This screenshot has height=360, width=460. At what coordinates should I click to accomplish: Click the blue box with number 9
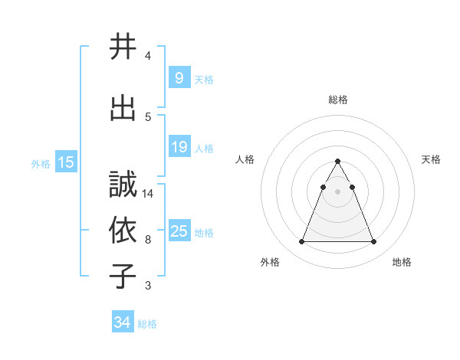(x=179, y=77)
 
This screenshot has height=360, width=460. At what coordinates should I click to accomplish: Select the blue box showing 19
(x=179, y=146)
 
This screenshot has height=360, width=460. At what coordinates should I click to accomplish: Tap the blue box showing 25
(x=179, y=231)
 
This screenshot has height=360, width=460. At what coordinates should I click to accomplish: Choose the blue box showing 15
(x=66, y=162)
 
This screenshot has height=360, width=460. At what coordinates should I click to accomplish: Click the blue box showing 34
(x=123, y=322)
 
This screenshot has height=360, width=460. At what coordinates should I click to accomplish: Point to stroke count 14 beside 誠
(x=148, y=193)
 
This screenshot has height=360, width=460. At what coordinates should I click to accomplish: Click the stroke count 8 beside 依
(x=148, y=239)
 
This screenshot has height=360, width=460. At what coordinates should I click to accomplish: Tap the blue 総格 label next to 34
(x=147, y=324)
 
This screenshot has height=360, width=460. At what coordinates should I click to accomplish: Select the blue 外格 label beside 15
(x=41, y=163)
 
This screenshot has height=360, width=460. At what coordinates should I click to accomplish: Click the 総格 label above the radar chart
(x=338, y=100)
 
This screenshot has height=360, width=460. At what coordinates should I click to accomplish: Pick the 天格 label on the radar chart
(x=431, y=159)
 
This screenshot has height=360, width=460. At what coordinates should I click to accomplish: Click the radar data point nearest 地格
(x=374, y=242)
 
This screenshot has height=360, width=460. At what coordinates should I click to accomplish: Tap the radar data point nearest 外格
(x=301, y=242)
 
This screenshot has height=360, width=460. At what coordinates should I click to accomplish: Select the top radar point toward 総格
(x=338, y=161)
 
